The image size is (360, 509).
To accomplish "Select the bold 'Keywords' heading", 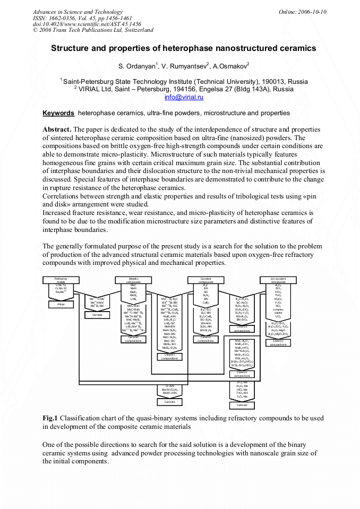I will click(x=58, y=113).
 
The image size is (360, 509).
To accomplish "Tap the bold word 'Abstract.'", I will click(x=57, y=130).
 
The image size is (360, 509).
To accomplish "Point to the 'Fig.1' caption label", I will click(x=50, y=418).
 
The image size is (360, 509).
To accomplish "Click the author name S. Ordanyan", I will click(x=140, y=67).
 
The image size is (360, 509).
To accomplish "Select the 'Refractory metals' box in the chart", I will click(x=61, y=280).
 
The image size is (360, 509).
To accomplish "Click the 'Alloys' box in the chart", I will click(x=61, y=305).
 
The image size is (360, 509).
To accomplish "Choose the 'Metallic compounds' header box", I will click(x=133, y=280).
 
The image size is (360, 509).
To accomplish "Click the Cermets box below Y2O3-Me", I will click(x=242, y=406).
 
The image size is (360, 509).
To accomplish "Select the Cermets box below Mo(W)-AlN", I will click(x=169, y=402).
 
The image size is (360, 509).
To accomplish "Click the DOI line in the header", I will click(x=87, y=24).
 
